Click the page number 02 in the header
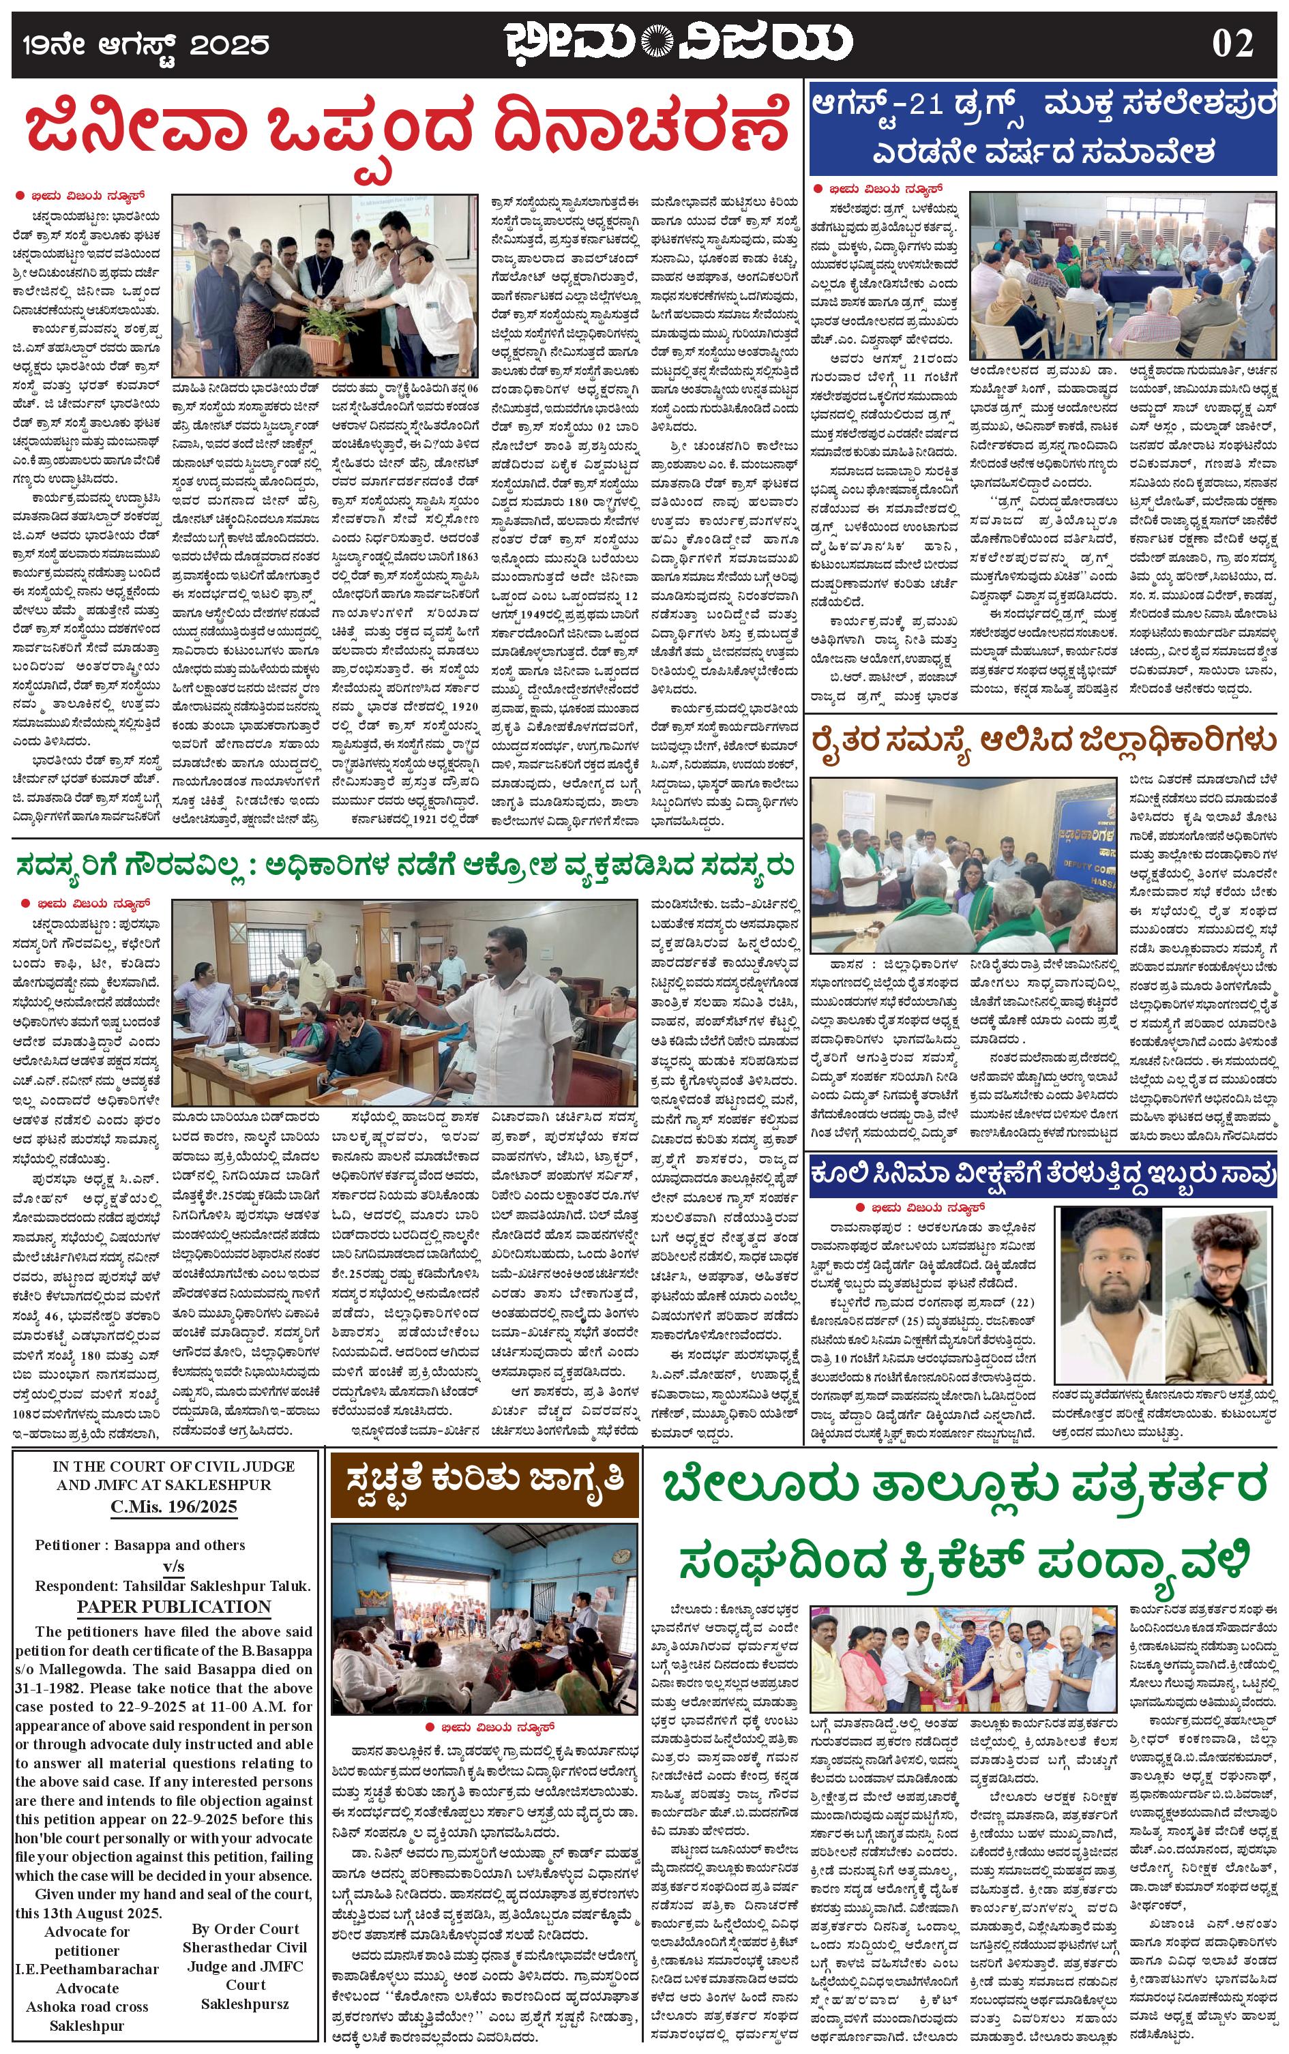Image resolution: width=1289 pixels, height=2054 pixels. pyautogui.click(x=1232, y=44)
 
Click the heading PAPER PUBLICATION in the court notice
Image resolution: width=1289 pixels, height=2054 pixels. pyautogui.click(x=174, y=1607)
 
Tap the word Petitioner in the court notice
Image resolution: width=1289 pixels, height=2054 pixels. pyautogui.click(x=71, y=1545)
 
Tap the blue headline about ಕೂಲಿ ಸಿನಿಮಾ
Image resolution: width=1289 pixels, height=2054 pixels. pyautogui.click(x=1043, y=1173)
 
